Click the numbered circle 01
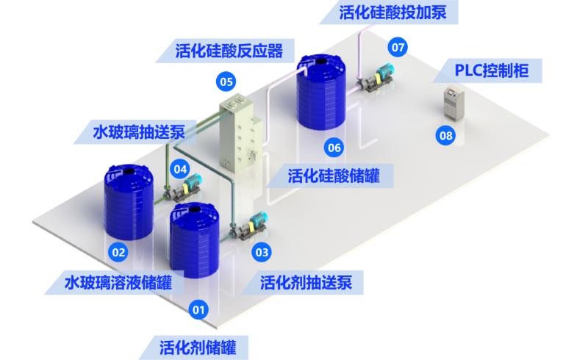(x=198, y=310)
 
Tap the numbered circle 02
(x=118, y=253)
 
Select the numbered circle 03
(x=262, y=253)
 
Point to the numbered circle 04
(x=180, y=170)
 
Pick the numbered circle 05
(x=226, y=82)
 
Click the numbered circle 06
(x=334, y=148)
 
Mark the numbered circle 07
(x=398, y=47)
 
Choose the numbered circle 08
(x=445, y=135)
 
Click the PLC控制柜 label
(x=492, y=71)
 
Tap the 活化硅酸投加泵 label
(x=392, y=12)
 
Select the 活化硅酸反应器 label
(x=229, y=51)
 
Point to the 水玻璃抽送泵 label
(x=139, y=132)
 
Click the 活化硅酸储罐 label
(x=334, y=176)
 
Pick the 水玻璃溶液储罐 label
(x=118, y=282)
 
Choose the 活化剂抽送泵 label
(x=306, y=282)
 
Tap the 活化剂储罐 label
(x=198, y=348)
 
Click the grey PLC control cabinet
(x=453, y=104)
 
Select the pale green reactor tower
(x=240, y=133)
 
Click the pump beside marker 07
(x=375, y=78)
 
